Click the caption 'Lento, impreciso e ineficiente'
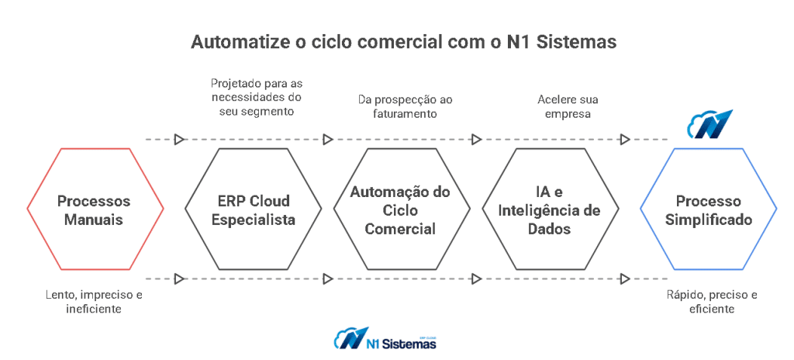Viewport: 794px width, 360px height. pyautogui.click(x=94, y=301)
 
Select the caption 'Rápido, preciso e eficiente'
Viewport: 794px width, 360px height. pyautogui.click(x=712, y=301)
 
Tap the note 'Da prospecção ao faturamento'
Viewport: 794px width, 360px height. pyautogui.click(x=405, y=106)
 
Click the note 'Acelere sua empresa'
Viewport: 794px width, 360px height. pyautogui.click(x=568, y=106)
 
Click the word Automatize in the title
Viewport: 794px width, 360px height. pyautogui.click(x=238, y=42)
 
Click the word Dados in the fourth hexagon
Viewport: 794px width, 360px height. pyautogui.click(x=550, y=229)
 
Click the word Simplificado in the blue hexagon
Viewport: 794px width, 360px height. pyautogui.click(x=709, y=220)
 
